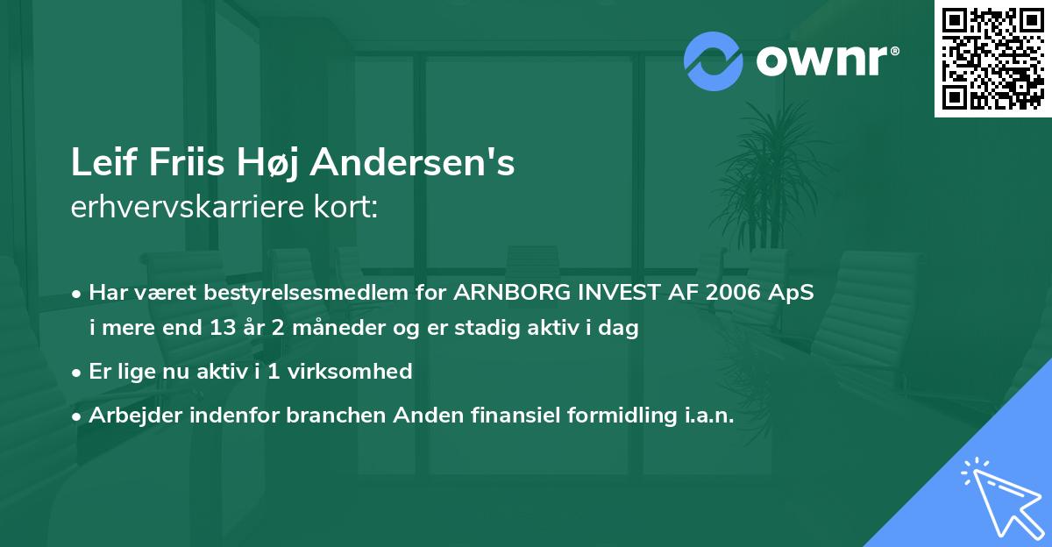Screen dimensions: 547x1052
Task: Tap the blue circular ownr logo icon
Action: [x=713, y=60]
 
